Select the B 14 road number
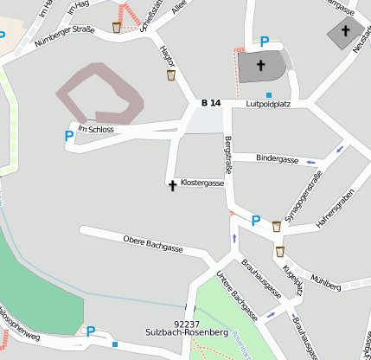(211, 103)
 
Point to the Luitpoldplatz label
(267, 104)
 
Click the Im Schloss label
(95, 129)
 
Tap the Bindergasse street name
(278, 160)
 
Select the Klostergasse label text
(203, 183)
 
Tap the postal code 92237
(187, 322)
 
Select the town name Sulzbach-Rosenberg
(187, 331)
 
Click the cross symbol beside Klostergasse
(172, 184)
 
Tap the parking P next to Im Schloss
(68, 136)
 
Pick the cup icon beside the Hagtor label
(171, 75)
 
